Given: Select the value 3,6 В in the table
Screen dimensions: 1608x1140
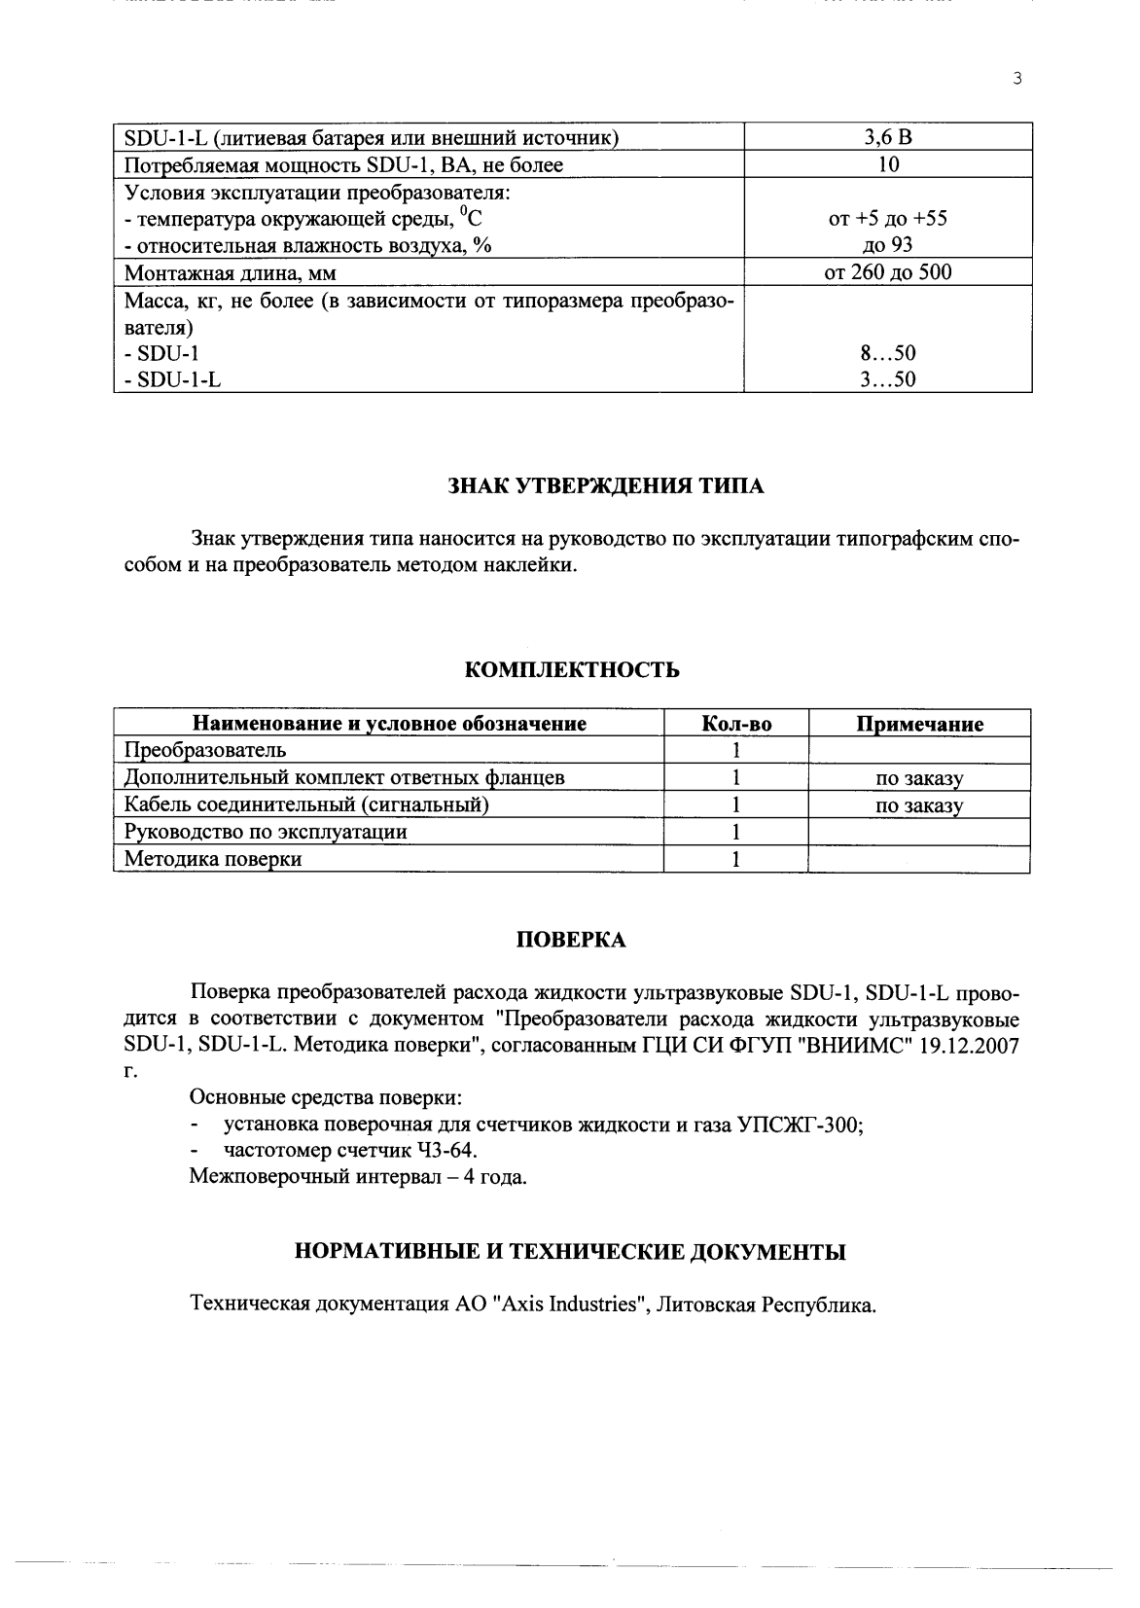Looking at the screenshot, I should [x=887, y=137].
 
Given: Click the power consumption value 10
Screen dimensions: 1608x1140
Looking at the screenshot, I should [x=887, y=164].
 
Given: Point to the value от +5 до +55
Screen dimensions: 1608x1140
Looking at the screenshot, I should [x=887, y=218].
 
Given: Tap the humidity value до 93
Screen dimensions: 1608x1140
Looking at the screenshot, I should [x=887, y=245].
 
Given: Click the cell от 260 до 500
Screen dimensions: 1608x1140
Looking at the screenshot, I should [x=887, y=272].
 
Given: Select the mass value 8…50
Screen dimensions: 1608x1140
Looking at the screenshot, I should [x=887, y=353].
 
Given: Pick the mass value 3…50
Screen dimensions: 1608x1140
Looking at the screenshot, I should [x=887, y=379].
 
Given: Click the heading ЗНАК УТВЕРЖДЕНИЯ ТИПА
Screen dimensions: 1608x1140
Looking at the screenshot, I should [x=605, y=486].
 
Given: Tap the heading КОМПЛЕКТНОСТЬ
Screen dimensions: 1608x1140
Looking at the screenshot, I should [x=572, y=670].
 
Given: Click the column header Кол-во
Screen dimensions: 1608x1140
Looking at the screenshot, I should [x=736, y=724].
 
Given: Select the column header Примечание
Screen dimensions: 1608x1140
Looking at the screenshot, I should [x=919, y=724].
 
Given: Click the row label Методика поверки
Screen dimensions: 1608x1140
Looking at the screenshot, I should [x=213, y=859].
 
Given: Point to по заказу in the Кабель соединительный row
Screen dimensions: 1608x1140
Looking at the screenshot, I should [x=919, y=805].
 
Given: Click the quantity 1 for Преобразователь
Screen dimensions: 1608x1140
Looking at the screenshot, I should [x=736, y=750].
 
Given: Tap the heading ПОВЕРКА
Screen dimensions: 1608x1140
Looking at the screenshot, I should [x=570, y=940].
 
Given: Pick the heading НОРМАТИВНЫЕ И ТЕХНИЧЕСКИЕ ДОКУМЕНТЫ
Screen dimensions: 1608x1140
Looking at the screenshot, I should [x=570, y=1252].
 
